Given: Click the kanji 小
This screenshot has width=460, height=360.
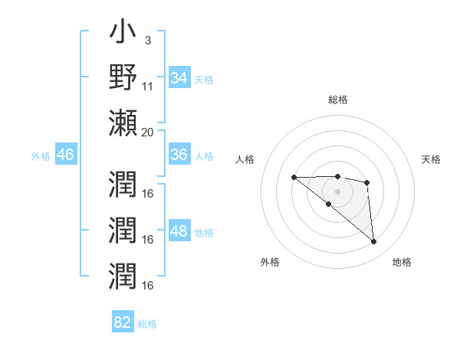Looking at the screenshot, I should [x=123, y=34].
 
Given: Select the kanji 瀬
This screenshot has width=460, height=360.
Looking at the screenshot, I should [x=123, y=123].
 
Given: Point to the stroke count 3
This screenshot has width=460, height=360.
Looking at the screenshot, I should [x=147, y=39].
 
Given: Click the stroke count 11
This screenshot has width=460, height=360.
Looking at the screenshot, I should [x=148, y=85].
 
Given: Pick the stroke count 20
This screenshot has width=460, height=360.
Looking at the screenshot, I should [x=148, y=131].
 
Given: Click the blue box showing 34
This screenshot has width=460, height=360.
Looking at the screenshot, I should [x=179, y=78].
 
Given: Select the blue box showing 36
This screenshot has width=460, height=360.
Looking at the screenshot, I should [x=179, y=155].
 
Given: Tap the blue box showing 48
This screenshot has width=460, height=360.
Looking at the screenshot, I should [x=179, y=232].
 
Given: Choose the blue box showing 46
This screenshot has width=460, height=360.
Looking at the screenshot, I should [x=66, y=155].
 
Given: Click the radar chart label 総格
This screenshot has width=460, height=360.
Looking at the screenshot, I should [x=338, y=100].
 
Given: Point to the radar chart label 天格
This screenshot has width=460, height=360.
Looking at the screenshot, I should [x=431, y=159].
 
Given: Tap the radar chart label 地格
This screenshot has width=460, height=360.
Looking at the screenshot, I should [x=402, y=262].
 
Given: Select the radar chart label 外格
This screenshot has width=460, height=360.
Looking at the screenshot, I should [x=270, y=262].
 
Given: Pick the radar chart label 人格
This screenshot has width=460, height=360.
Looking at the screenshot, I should [x=245, y=159].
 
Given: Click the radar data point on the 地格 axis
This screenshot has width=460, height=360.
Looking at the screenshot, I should [x=373, y=242].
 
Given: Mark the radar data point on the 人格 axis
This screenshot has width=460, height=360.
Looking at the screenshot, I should [x=294, y=177].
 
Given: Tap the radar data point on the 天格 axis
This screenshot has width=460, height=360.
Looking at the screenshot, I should [x=367, y=182].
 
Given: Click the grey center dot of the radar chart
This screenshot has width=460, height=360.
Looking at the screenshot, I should [x=338, y=191].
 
